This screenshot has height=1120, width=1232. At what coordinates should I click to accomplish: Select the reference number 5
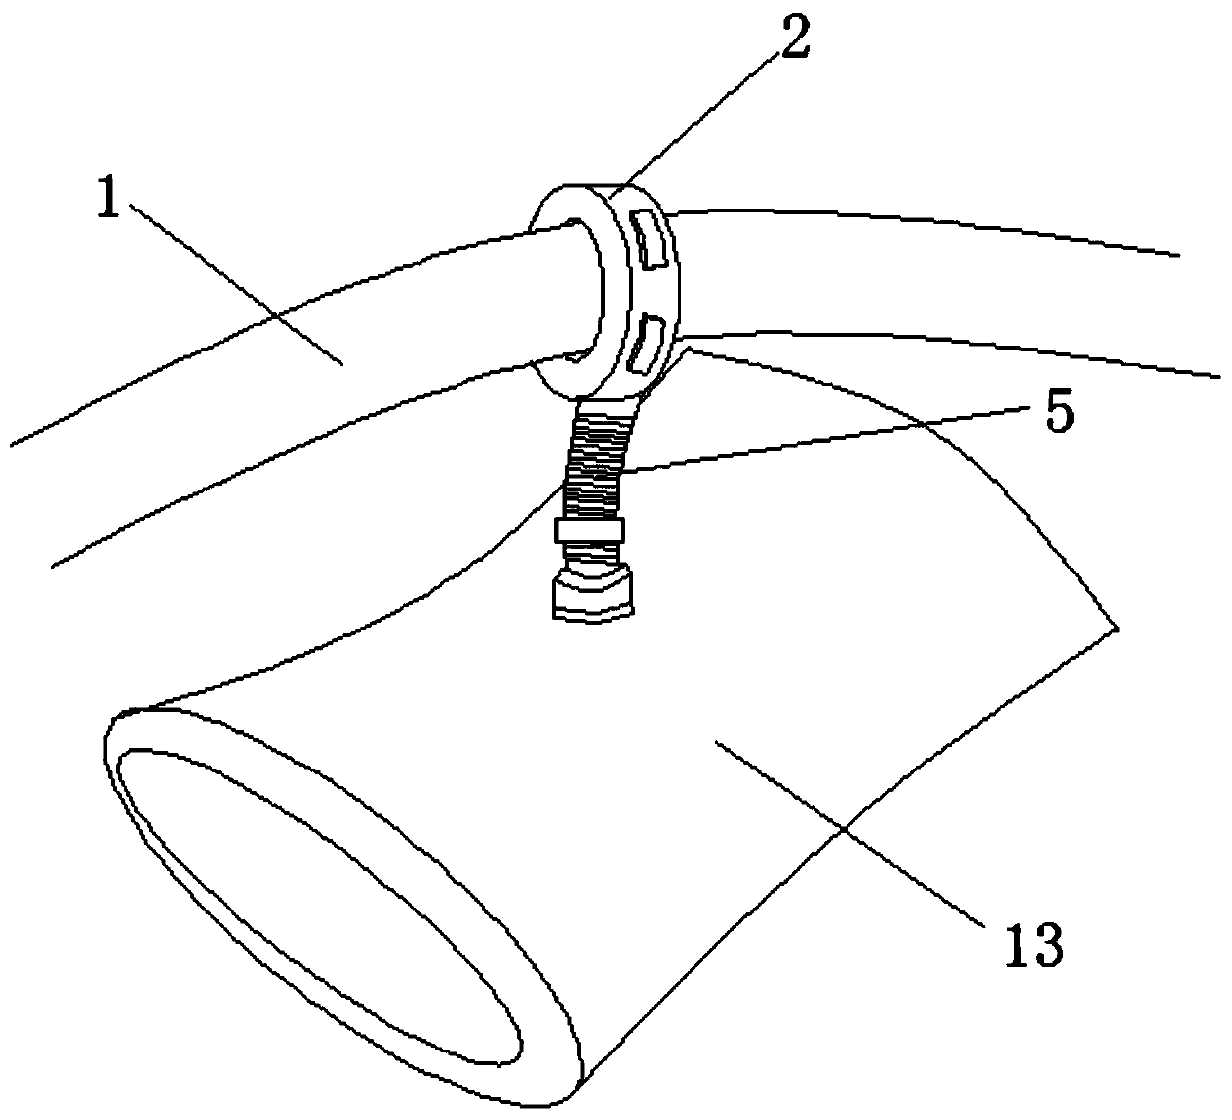[1060, 414]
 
